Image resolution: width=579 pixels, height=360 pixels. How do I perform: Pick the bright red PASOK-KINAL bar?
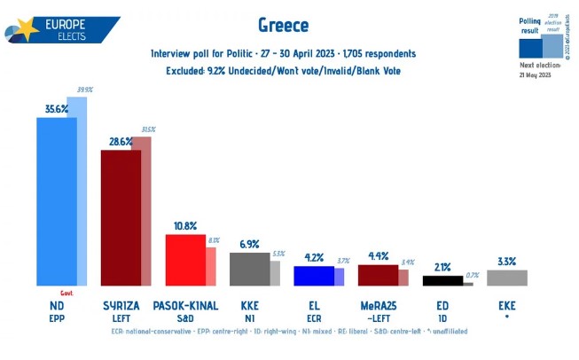tap(185, 260)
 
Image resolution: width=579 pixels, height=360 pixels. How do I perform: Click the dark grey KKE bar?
tap(249, 269)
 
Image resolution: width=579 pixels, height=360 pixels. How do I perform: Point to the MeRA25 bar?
tap(377, 275)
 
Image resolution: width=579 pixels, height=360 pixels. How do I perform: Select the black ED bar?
tap(442, 280)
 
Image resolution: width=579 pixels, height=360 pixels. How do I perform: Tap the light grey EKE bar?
tap(506, 278)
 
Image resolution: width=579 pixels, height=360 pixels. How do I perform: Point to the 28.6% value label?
tap(114, 143)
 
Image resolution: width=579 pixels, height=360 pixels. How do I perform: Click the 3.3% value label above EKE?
tap(506, 261)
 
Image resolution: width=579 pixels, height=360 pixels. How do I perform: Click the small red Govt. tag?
tap(66, 292)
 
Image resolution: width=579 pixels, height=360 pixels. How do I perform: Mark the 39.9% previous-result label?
tap(86, 90)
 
